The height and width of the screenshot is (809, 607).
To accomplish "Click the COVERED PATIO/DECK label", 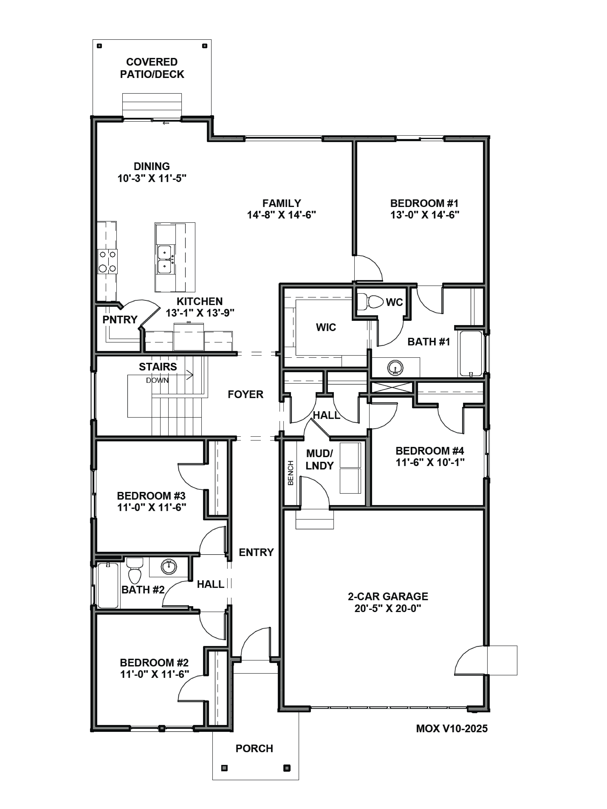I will tap(152, 68).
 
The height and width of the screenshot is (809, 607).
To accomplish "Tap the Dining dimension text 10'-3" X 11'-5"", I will tap(152, 178).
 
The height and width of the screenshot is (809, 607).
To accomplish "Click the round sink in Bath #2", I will tap(169, 567).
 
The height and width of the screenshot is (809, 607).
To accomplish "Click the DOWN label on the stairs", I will tap(157, 380).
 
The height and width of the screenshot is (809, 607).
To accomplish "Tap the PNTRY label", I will tap(120, 320).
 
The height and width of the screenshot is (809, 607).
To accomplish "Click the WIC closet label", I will tap(326, 327).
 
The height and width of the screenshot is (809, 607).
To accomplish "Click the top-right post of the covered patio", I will tap(205, 46).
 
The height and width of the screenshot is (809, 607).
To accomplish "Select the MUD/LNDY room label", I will tap(319, 459).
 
